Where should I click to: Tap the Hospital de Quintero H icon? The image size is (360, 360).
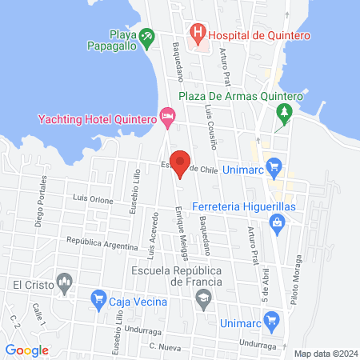[196, 34]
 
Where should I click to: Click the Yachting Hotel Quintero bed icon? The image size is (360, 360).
[166, 119]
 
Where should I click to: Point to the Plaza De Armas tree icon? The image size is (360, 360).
[281, 117]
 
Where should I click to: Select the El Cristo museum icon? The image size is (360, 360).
[66, 282]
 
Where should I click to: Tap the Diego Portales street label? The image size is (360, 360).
[39, 212]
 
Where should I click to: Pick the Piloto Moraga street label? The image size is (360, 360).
[302, 272]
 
